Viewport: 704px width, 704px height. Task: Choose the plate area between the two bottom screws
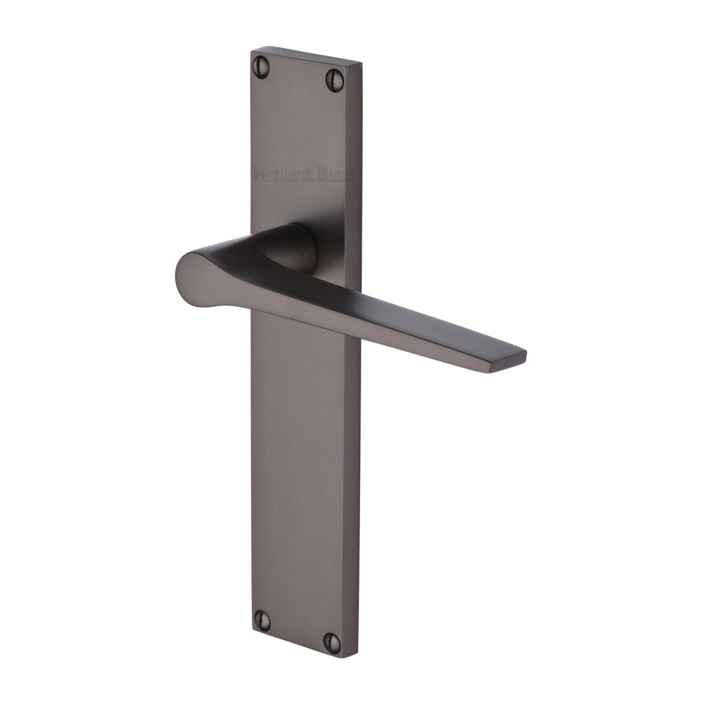(x=298, y=626)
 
